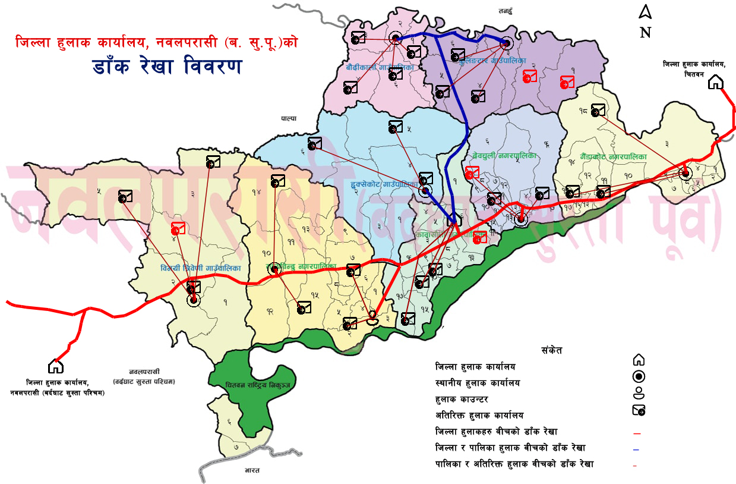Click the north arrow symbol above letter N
[x=645, y=12]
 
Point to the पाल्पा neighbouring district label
[x=289, y=119]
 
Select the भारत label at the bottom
[x=252, y=471]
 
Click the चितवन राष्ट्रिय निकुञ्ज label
[x=257, y=385]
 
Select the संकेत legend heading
[x=551, y=350]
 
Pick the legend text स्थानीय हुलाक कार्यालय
[x=477, y=383]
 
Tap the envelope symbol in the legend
[x=639, y=410]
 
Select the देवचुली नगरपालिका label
[x=504, y=155]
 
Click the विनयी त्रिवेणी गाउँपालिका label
[x=201, y=268]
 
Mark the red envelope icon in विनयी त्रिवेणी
[x=178, y=229]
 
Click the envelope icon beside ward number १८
[x=598, y=110]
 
